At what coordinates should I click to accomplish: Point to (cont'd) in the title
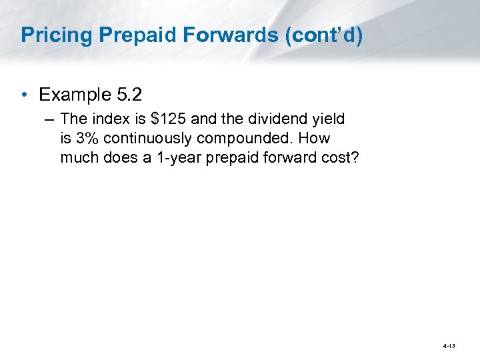pos(323,35)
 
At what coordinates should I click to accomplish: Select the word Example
pos(73,95)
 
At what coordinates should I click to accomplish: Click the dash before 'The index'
pos(50,120)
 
